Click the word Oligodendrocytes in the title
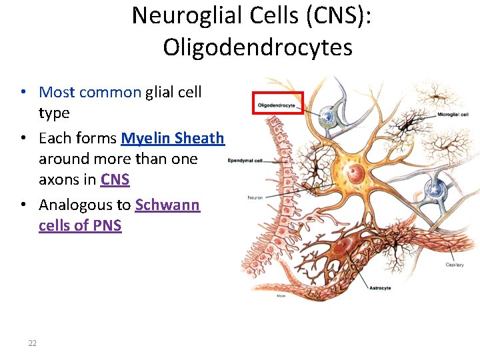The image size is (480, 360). click(257, 47)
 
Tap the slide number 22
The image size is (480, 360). click(32, 343)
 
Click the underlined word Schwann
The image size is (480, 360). click(167, 205)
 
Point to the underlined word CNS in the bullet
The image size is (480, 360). click(115, 180)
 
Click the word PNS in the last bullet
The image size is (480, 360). click(107, 225)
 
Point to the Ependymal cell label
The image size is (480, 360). click(245, 161)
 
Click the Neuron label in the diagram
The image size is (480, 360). click(255, 197)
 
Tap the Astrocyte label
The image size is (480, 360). click(380, 288)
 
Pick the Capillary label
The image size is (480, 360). click(455, 265)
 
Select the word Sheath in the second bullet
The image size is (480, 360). click(199, 139)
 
